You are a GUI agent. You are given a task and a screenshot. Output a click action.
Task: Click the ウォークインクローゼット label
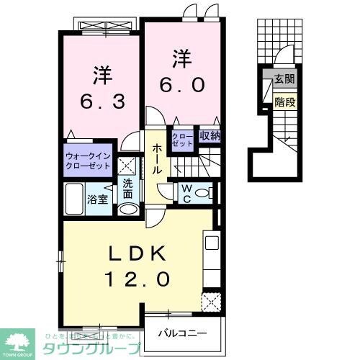pos(88,160)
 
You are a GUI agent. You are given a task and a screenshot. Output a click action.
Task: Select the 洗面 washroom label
pos(127,188)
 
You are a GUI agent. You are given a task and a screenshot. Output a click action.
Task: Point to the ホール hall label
pos(156,159)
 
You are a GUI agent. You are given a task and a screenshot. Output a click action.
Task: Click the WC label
pos(185,192)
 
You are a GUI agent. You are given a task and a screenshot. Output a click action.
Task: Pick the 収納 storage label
pos(210,136)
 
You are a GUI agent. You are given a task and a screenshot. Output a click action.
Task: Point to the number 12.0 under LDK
pos(140,278)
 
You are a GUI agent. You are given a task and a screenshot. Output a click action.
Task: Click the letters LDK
pos(139,253)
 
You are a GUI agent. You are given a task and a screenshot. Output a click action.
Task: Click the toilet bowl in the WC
pos(203,193)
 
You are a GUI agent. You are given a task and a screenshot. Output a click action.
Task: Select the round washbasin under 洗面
pos(127,210)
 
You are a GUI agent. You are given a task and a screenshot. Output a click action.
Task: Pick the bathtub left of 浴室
pos(75,197)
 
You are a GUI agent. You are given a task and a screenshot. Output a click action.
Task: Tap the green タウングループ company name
pos(105,348)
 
